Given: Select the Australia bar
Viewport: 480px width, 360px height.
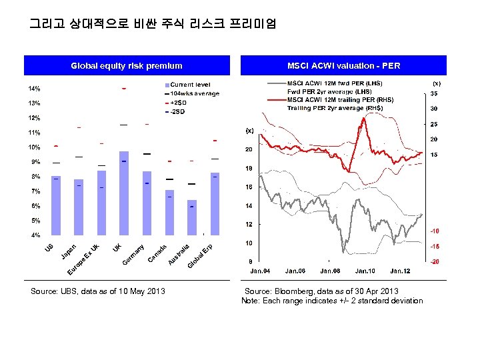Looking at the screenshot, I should pos(192,217).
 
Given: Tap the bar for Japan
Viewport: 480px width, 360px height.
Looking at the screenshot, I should pos(79,207).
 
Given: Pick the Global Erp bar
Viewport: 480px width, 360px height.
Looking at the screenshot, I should pos(215,204).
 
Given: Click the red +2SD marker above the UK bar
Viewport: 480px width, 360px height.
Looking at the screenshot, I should pos(123,88).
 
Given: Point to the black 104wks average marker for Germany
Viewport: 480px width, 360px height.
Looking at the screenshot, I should pos(147,155).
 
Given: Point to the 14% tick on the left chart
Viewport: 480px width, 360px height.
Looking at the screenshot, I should pos(33,89).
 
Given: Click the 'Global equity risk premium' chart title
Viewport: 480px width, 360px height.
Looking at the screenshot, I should pos(127,65).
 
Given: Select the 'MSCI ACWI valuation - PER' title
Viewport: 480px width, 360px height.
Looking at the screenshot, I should pos(343,65).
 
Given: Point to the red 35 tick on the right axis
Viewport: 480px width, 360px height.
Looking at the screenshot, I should pos(434,94).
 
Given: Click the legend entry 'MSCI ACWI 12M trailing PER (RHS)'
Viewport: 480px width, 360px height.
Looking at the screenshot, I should pos(340,99).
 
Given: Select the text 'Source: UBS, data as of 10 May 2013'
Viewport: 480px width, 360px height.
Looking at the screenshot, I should pos(98,291).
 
